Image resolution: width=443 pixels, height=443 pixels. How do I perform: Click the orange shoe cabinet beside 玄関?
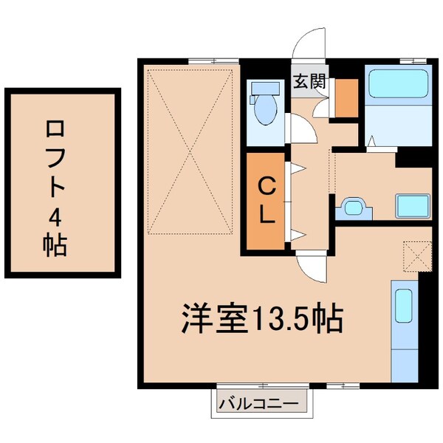tap(346, 96)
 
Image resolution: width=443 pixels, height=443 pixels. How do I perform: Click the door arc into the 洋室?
tap(309, 267)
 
